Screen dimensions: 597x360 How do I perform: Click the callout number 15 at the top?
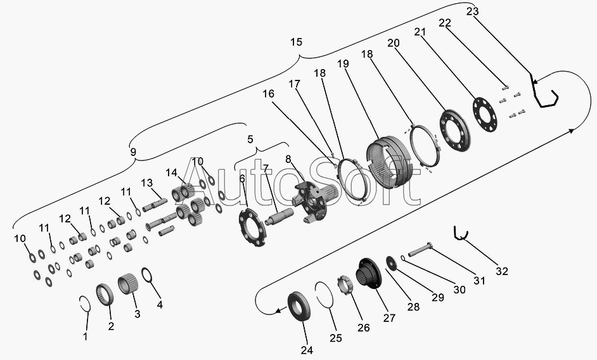point(296,42)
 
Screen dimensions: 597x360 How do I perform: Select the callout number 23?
point(472,11)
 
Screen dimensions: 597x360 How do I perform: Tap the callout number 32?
point(502,271)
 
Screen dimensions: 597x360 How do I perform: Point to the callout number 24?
point(307,350)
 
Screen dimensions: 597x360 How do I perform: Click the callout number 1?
point(86,337)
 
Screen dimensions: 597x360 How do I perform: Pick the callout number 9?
point(133,152)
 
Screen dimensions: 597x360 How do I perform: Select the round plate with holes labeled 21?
point(485,115)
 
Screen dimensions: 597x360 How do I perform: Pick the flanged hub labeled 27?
point(369,273)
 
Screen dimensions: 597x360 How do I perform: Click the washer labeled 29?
point(392,264)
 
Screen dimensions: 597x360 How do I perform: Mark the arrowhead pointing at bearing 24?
point(279,311)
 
